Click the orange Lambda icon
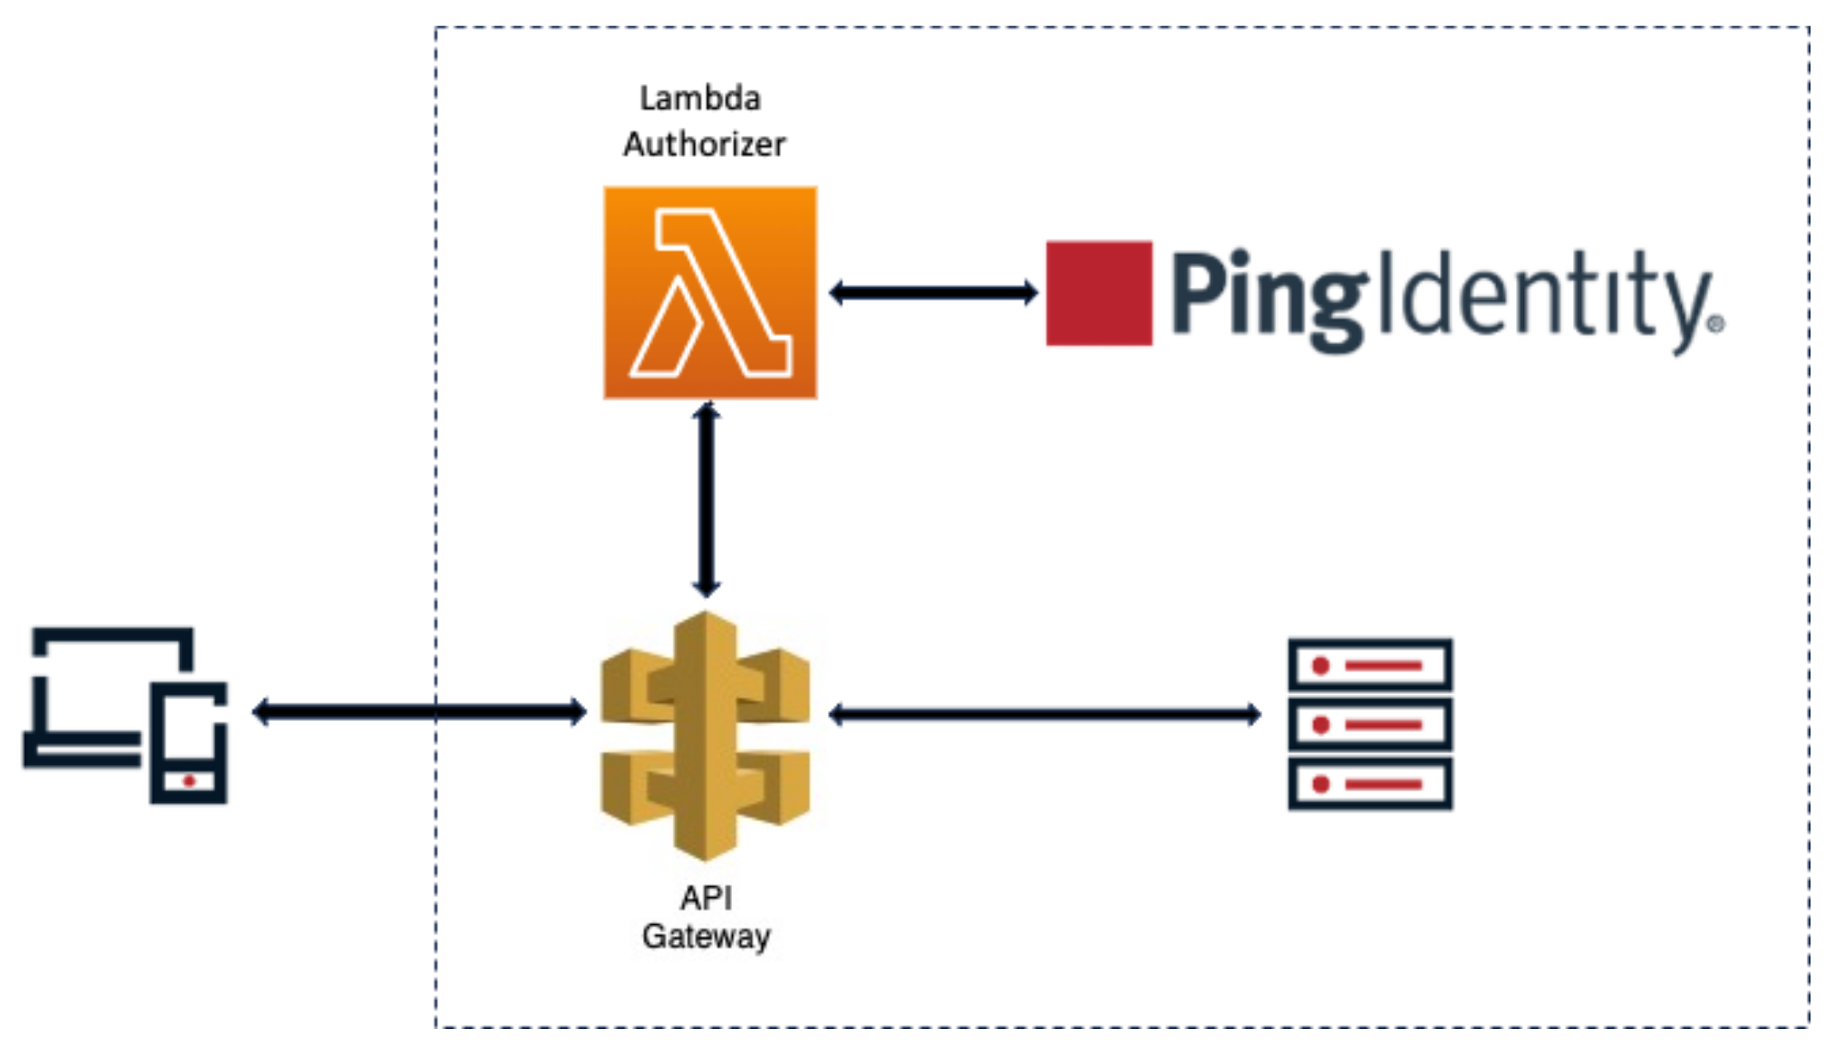coord(710,293)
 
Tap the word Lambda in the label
coord(700,99)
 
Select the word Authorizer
coord(704,144)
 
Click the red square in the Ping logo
coord(1098,293)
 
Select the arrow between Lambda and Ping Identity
coord(933,292)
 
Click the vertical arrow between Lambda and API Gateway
coord(706,499)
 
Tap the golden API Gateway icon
coord(706,734)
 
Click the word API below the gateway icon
coord(706,898)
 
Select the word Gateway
coord(706,937)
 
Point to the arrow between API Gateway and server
coord(1044,714)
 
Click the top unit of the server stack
coord(1370,664)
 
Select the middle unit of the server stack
coord(1370,725)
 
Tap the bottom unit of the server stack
coord(1370,784)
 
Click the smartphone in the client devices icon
coord(188,743)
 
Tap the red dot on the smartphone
coord(189,781)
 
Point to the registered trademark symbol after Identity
coord(1716,324)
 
